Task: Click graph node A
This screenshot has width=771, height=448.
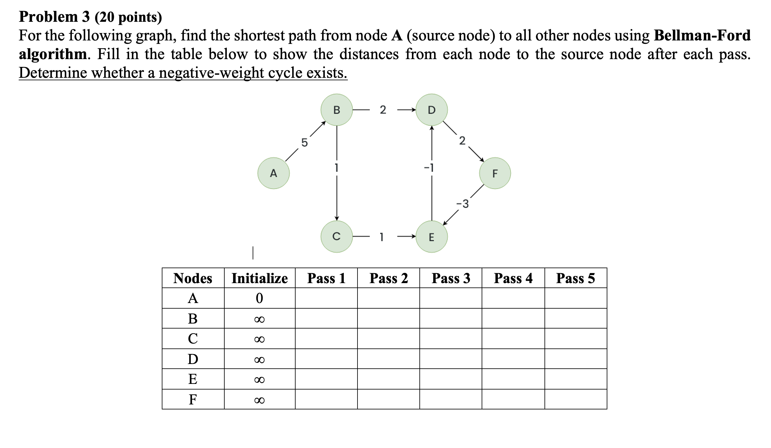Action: pyautogui.click(x=273, y=173)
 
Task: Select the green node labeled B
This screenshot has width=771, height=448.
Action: pyautogui.click(x=337, y=110)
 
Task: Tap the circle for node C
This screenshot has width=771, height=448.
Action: pyautogui.click(x=337, y=236)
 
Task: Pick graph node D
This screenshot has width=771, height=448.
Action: pyautogui.click(x=432, y=110)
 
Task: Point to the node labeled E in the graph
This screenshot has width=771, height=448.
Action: pyautogui.click(x=432, y=237)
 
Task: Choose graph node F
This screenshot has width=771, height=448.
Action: pyautogui.click(x=495, y=173)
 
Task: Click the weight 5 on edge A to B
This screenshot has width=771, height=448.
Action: pyautogui.click(x=304, y=143)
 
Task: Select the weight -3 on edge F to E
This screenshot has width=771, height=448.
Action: pyautogui.click(x=463, y=204)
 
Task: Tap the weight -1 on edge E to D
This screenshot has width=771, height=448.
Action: pyautogui.click(x=429, y=168)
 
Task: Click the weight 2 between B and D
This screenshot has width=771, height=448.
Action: pyautogui.click(x=383, y=110)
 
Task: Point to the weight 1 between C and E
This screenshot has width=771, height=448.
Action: pyautogui.click(x=382, y=237)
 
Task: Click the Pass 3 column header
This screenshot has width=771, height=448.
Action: pyautogui.click(x=451, y=278)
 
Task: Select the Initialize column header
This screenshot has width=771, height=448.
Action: pyautogui.click(x=259, y=278)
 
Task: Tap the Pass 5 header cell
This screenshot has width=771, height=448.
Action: pyautogui.click(x=575, y=278)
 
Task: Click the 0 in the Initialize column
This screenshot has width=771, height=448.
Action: pyautogui.click(x=259, y=298)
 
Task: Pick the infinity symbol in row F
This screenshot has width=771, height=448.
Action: pyautogui.click(x=259, y=400)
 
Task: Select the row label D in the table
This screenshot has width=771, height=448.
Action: pyautogui.click(x=193, y=359)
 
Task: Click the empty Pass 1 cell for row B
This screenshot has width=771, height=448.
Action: pyautogui.click(x=326, y=319)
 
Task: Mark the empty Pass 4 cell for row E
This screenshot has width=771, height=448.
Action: pyautogui.click(x=513, y=379)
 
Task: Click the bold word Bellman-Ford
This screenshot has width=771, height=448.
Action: pyautogui.click(x=702, y=35)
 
